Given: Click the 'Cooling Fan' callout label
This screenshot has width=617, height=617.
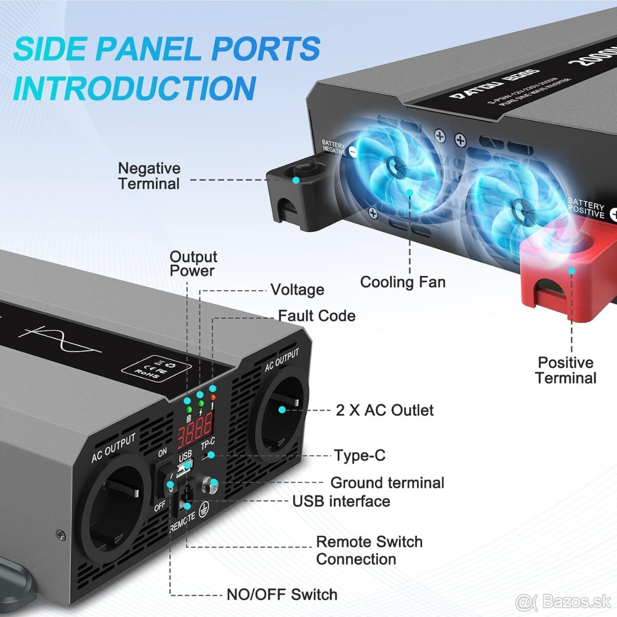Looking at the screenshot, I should coord(403,282).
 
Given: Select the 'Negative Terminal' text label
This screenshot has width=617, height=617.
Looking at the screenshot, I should coord(149,176).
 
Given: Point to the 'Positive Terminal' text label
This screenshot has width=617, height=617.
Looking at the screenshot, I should coord(566,370).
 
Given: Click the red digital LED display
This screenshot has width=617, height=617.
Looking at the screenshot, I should coord(195,430).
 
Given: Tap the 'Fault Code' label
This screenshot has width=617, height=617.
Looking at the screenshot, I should coord(317,316).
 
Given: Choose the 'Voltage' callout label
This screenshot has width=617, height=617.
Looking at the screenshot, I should coord(297,290).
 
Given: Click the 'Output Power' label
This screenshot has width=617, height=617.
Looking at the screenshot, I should coord(193,264).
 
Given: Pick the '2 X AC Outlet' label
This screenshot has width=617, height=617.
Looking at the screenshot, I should coord(385,410).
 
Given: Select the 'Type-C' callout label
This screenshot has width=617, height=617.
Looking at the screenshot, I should coord(359,456).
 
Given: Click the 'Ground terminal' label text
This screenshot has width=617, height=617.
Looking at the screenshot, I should coord(387,483).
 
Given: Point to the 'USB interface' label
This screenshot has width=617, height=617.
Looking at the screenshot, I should coord(341,501).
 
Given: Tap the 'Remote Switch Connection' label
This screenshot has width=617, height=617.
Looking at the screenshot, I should coord(369,550).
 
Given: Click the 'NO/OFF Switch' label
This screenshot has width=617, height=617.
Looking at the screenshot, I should coord(282,595).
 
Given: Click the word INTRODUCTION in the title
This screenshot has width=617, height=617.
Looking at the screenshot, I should coord(135,88).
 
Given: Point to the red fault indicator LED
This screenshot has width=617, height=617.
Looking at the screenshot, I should coord(212,397).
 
